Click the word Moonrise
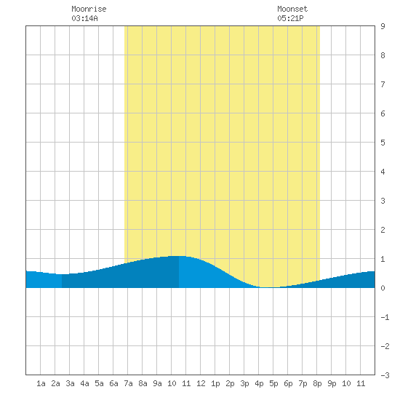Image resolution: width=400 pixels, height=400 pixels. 89,9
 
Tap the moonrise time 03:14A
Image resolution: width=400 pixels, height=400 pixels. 84,18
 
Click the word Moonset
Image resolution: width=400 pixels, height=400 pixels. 292,9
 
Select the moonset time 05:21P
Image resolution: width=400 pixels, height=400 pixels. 290,18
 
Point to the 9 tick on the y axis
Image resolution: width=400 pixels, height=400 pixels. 383,26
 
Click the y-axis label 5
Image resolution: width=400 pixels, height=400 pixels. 383,143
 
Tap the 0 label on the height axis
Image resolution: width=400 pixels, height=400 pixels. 383,288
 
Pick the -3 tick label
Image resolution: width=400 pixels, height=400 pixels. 385,375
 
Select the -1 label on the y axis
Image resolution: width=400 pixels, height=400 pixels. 385,317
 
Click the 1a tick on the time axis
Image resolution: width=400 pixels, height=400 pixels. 41,383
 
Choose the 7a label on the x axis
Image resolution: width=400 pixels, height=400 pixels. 128,383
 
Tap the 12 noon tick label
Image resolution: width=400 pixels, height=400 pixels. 201,383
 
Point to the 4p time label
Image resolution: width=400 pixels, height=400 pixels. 259,383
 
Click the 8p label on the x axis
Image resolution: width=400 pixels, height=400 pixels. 317,383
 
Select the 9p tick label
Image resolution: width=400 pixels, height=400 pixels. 332,383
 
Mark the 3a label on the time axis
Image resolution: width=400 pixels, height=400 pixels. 70,383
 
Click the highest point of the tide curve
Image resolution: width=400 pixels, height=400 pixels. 179,256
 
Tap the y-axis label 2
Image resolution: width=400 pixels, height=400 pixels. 383,230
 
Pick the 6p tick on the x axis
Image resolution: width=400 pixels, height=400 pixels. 288,383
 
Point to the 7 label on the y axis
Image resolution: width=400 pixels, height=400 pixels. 383,84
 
